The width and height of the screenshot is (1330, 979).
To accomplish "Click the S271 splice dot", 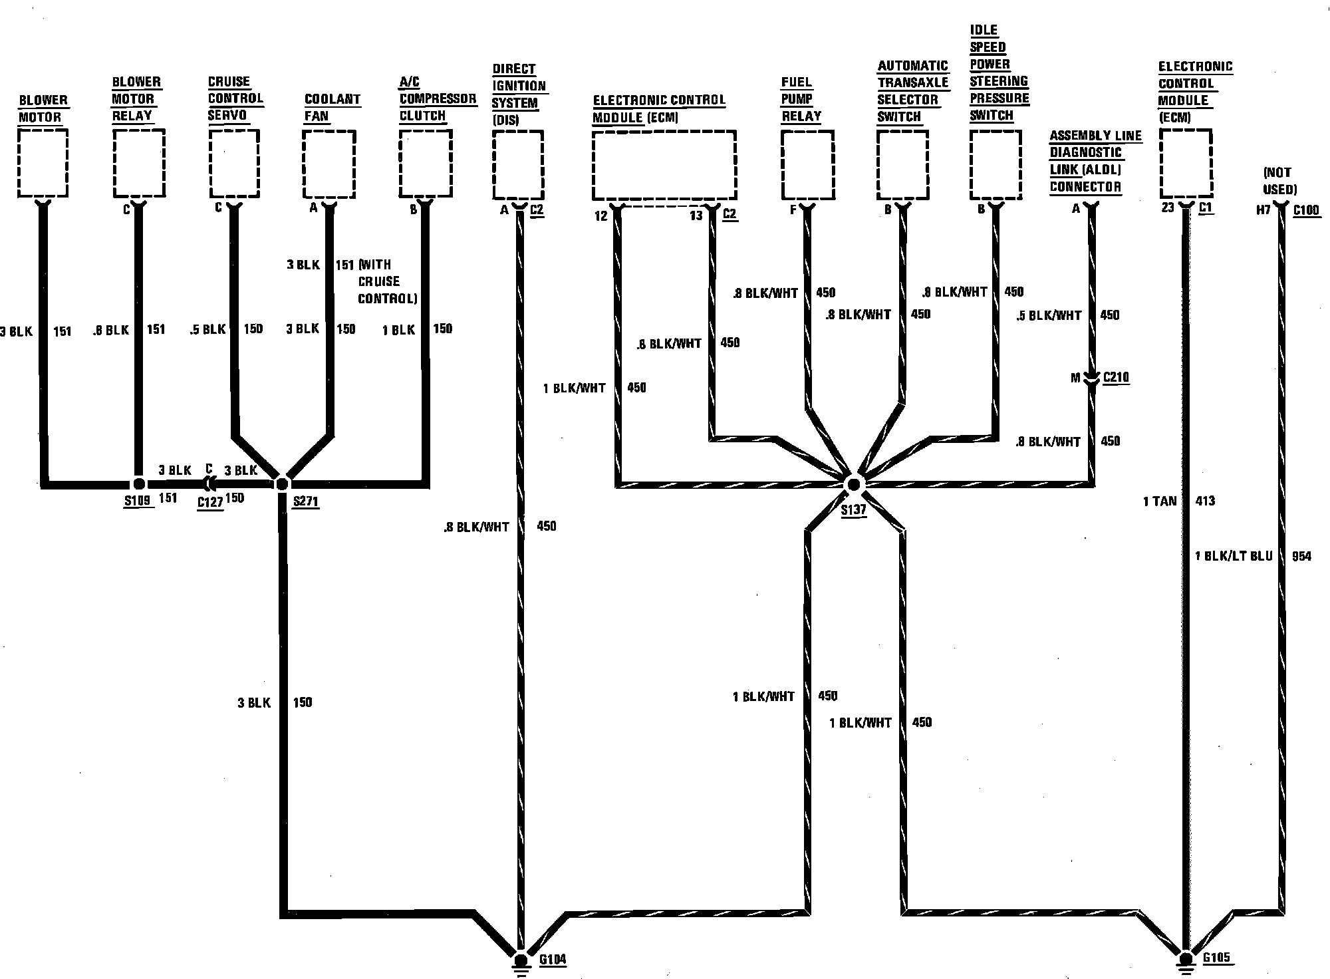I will pyautogui.click(x=282, y=484).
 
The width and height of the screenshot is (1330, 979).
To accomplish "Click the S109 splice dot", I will pyautogui.click(x=138, y=484).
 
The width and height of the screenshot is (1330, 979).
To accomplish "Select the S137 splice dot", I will pyautogui.click(x=854, y=484).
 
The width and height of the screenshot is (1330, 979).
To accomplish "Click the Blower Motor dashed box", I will pyautogui.click(x=43, y=163).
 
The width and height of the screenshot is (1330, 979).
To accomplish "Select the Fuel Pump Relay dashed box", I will pyautogui.click(x=807, y=165).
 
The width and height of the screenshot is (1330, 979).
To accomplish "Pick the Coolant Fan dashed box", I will pyautogui.click(x=329, y=164).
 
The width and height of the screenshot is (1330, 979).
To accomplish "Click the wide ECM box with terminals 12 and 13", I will pyautogui.click(x=664, y=165).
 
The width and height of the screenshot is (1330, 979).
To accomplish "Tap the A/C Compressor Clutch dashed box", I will pyautogui.click(x=426, y=164).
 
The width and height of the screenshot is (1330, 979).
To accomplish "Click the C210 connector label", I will pyautogui.click(x=1116, y=378).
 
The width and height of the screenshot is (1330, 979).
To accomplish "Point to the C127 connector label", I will pyautogui.click(x=210, y=502).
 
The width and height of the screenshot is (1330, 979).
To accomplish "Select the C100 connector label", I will pyautogui.click(x=1306, y=210).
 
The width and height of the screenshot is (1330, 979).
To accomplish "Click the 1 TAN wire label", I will pyautogui.click(x=1160, y=501).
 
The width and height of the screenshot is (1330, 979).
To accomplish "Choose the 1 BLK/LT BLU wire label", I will pyautogui.click(x=1234, y=556).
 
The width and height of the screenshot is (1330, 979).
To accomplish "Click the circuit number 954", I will pyautogui.click(x=1301, y=556).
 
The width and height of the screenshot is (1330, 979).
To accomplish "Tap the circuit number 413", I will pyautogui.click(x=1205, y=501).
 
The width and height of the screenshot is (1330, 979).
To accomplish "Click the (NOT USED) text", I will pyautogui.click(x=1280, y=181).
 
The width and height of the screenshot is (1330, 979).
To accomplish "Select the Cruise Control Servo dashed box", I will pyautogui.click(x=234, y=163).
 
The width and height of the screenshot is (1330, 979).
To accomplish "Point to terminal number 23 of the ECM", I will pyautogui.click(x=1168, y=208).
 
